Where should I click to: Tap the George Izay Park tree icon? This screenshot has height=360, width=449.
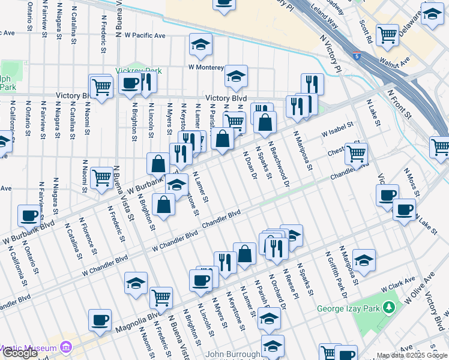[389, 308]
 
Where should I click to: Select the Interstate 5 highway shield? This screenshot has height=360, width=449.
[358, 56]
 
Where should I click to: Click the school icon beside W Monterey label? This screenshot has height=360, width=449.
[201, 44]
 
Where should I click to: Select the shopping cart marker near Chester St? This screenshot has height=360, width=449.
[357, 154]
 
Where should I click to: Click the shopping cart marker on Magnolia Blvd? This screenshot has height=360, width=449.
[161, 297]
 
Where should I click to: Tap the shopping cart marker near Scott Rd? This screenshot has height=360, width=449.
[387, 34]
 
